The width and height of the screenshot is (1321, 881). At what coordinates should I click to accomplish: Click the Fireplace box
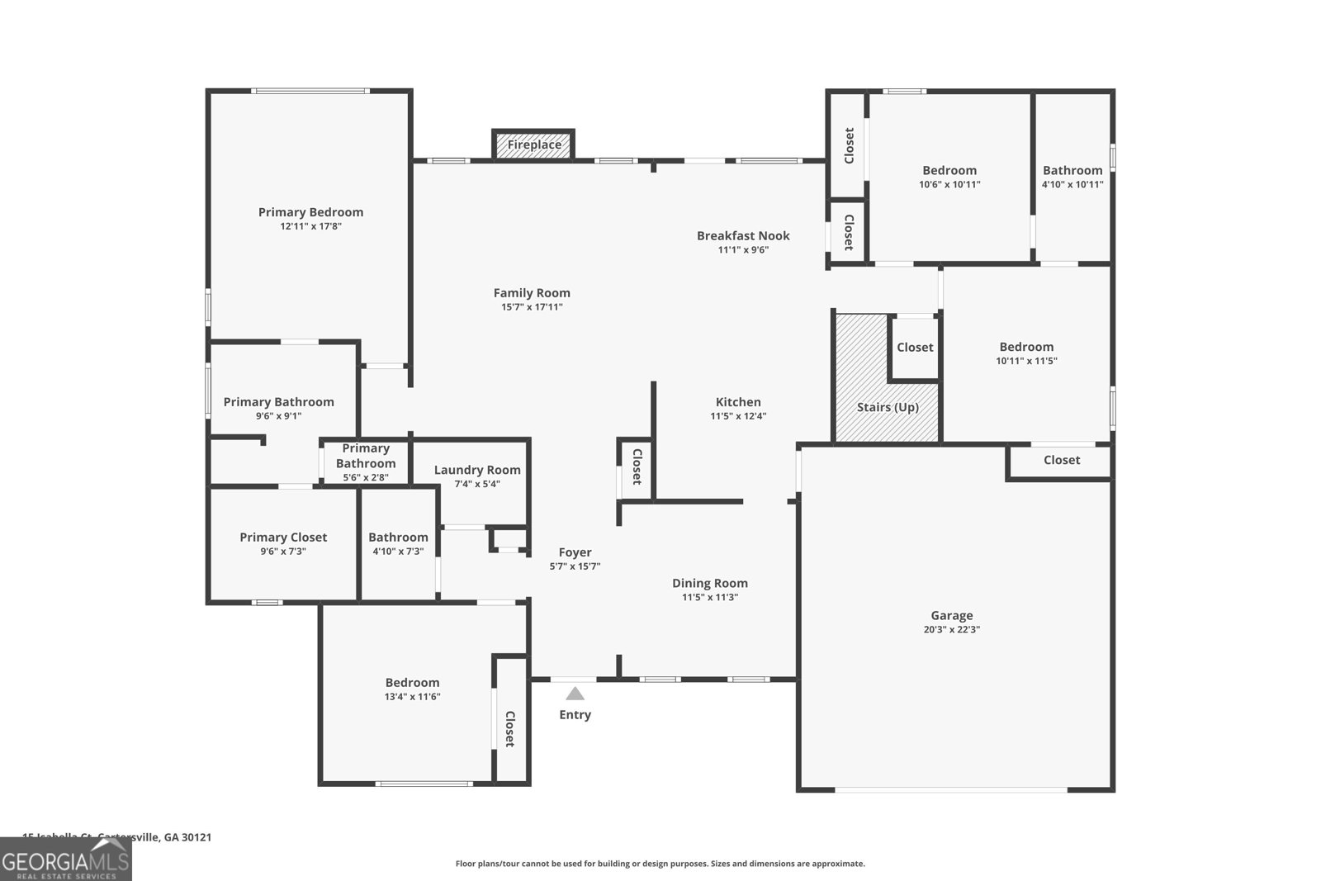pos(533,144)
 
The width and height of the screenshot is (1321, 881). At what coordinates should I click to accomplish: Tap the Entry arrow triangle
pos(575,694)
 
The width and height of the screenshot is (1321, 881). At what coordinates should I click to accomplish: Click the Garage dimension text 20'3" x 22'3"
pos(951,629)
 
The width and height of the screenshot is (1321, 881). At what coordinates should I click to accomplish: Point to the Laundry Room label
pos(477,470)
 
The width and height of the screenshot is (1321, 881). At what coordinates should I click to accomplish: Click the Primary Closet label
pos(283,537)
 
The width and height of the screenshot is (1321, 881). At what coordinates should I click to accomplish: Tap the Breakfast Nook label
pos(743,235)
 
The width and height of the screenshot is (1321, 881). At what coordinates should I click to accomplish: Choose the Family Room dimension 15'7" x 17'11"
pos(532,307)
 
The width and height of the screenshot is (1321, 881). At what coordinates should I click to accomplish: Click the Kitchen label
pos(738,402)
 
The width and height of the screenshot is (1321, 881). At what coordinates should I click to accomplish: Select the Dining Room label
pos(709,583)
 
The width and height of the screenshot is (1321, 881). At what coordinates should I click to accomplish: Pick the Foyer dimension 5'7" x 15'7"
pos(575,566)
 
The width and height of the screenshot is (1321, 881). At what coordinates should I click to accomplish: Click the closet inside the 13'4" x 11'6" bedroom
pos(510,728)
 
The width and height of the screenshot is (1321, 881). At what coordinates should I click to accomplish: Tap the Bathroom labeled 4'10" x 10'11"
pos(1072,170)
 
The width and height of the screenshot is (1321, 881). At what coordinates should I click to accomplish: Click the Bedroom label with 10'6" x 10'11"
pos(949,170)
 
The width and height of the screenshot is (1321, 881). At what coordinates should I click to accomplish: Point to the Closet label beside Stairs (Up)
pos(915,347)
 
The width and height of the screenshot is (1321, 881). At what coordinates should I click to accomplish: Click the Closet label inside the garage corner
pos(1061,460)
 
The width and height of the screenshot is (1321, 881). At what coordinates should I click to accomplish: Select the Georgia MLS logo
pos(65,860)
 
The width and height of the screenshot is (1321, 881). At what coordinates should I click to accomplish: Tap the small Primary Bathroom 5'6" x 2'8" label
pos(366,456)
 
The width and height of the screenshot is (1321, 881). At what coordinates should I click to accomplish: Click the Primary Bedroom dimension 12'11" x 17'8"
pos(310,226)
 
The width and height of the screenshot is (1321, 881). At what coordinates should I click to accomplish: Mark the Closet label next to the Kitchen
pos(637,467)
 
